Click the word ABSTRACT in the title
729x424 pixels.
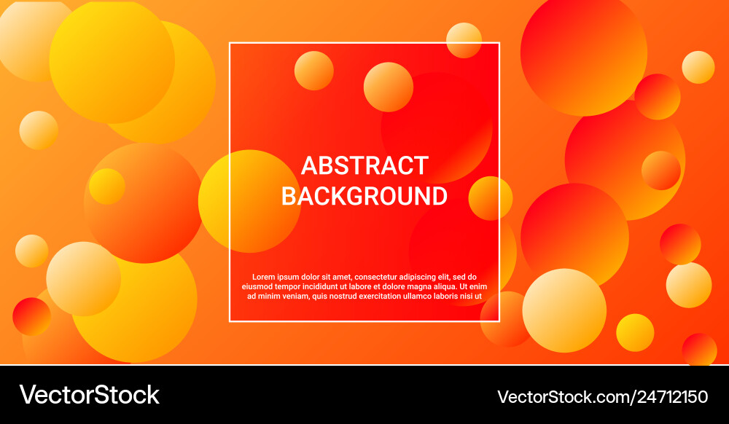coord(364,165)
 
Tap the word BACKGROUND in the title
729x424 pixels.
coord(364,196)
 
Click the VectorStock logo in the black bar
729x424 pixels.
coord(89,395)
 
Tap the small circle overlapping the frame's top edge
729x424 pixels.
coord(464,40)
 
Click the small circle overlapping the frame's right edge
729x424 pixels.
coord(490,198)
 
